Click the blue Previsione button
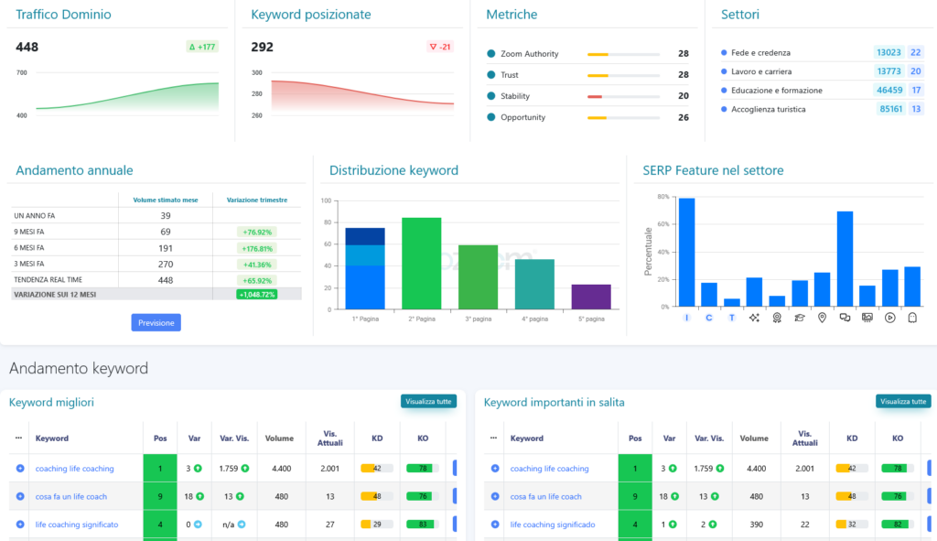pos(156,322)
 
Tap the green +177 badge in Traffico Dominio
pos(202,47)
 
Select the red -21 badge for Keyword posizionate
pos(440,47)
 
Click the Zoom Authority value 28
pos(683,54)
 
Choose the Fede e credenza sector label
pos(760,53)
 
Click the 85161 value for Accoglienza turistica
pos(889,109)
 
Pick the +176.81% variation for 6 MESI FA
pos(256,248)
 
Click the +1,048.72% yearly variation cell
pos(256,294)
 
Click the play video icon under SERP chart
pos(889,318)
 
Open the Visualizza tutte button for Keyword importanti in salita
pos(902,401)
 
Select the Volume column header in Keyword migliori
pos(279,438)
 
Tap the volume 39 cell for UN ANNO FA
pos(165,216)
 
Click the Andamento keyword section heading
pos(78,369)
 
